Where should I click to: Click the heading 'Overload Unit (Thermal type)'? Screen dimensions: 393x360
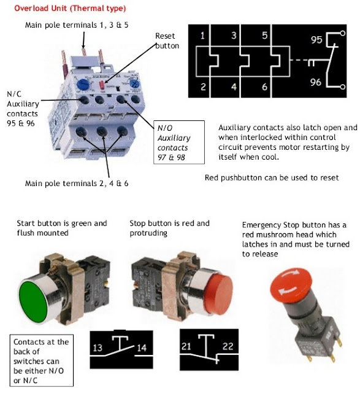pyautogui.click(x=70, y=9)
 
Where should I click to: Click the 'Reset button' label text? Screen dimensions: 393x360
pyautogui.click(x=167, y=41)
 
